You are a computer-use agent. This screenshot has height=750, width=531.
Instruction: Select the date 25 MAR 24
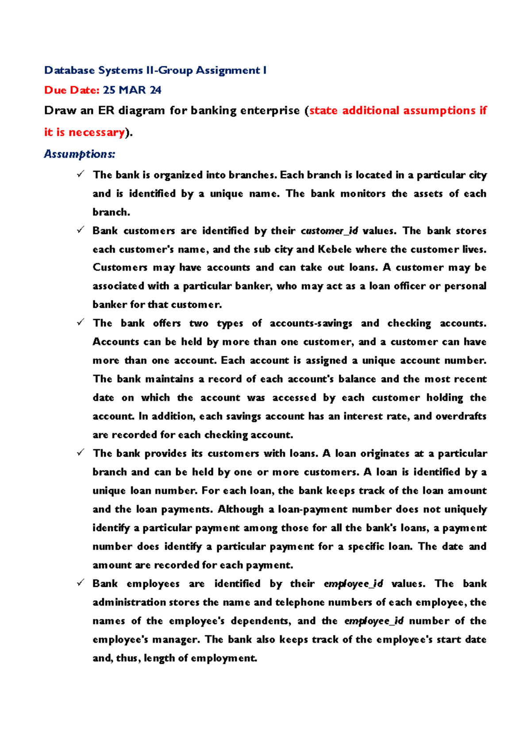click(x=132, y=90)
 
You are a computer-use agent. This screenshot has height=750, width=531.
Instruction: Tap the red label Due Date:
click(x=72, y=90)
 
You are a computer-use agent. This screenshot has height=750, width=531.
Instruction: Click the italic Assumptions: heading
click(x=80, y=154)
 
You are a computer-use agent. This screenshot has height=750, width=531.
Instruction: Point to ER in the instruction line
click(x=106, y=110)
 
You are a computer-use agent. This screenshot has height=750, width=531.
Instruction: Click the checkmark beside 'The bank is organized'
click(x=80, y=175)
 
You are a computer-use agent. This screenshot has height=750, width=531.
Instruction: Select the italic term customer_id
click(x=329, y=231)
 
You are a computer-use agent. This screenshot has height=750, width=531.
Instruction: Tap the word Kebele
click(x=335, y=249)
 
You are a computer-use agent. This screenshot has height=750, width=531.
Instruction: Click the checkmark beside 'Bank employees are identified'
click(x=80, y=583)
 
